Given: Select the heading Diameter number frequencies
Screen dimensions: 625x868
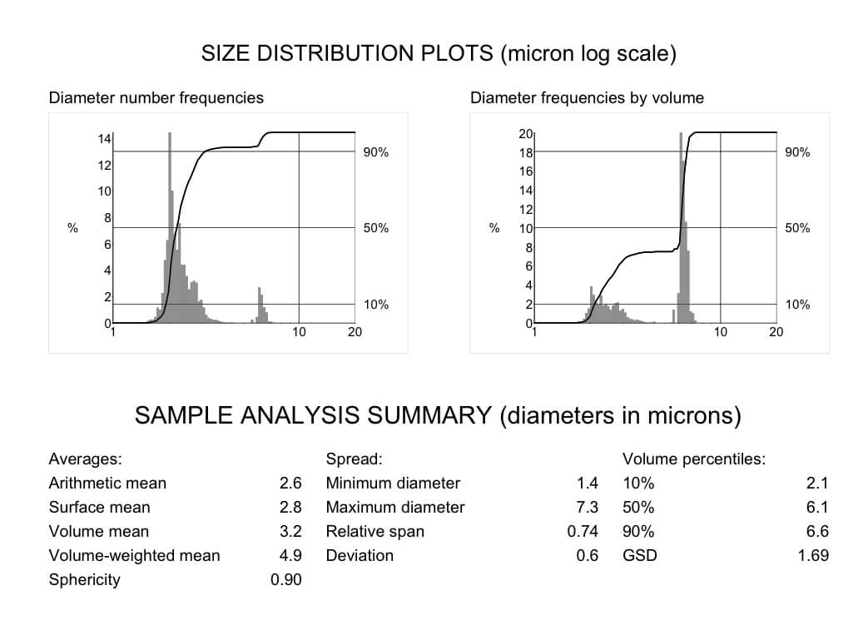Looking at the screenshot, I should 156,98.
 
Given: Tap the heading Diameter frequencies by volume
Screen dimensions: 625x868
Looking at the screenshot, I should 587,98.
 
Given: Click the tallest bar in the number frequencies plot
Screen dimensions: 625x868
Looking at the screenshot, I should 170,225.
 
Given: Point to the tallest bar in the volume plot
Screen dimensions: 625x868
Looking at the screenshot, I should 681,225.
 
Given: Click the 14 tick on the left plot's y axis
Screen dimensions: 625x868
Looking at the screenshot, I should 105,139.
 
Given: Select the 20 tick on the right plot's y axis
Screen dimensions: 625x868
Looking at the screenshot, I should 525,134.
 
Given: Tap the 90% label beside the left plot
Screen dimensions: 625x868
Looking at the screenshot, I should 376,152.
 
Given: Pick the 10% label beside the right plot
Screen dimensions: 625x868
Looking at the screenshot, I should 797,305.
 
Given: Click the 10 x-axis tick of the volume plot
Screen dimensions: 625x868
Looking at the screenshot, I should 721,332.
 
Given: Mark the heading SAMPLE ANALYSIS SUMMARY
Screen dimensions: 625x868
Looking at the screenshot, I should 438,414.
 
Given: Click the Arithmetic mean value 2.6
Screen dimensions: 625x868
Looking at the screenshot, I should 290,484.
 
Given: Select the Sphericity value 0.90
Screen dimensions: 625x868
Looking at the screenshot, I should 286,580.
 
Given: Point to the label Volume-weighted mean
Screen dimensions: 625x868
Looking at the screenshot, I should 135,556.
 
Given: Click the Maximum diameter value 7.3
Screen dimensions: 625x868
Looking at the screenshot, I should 588,508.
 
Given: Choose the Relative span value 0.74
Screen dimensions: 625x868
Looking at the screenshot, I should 583,532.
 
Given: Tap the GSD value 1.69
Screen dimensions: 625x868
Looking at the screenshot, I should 813,556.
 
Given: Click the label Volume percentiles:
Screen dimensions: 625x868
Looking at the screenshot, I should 694,459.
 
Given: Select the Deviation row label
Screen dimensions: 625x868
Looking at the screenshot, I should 360,556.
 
